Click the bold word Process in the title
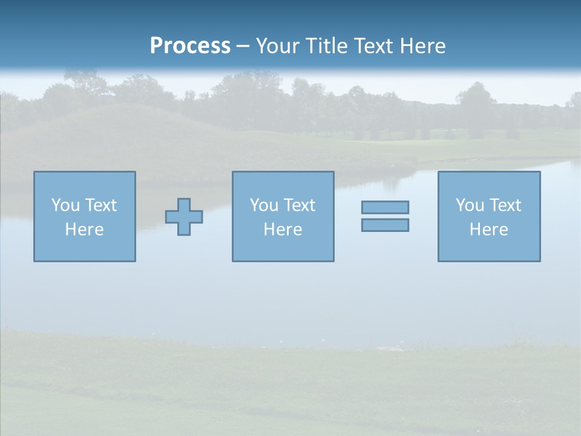click(x=190, y=46)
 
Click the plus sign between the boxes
click(x=184, y=217)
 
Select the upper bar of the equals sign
click(x=385, y=207)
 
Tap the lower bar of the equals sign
click(x=385, y=225)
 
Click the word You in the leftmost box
click(x=65, y=205)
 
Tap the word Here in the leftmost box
click(x=85, y=230)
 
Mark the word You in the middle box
click(x=264, y=205)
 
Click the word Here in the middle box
click(x=283, y=230)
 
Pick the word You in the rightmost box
click(x=470, y=205)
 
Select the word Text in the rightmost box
click(x=505, y=205)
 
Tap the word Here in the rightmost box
click(x=489, y=230)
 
